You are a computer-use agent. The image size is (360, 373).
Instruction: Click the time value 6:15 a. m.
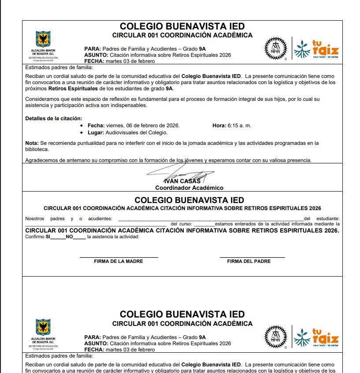[239, 126]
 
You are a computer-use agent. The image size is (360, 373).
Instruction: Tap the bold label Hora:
[219, 126]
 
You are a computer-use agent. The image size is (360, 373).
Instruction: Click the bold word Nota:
[32, 143]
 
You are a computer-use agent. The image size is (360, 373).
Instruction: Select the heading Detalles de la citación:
[54, 118]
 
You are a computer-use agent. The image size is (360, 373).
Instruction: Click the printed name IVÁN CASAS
[182, 181]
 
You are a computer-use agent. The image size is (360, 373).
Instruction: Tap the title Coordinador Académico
[189, 188]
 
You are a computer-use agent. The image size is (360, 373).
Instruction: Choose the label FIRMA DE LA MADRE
[119, 261]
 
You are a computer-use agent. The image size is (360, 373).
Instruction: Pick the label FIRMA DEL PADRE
[249, 261]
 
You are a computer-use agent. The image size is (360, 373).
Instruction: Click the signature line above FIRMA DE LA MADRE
[119, 257]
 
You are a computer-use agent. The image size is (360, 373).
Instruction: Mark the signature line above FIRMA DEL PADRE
[252, 257]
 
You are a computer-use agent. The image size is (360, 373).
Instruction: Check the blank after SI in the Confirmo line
[58, 238]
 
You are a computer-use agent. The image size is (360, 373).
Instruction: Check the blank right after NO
[79, 238]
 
